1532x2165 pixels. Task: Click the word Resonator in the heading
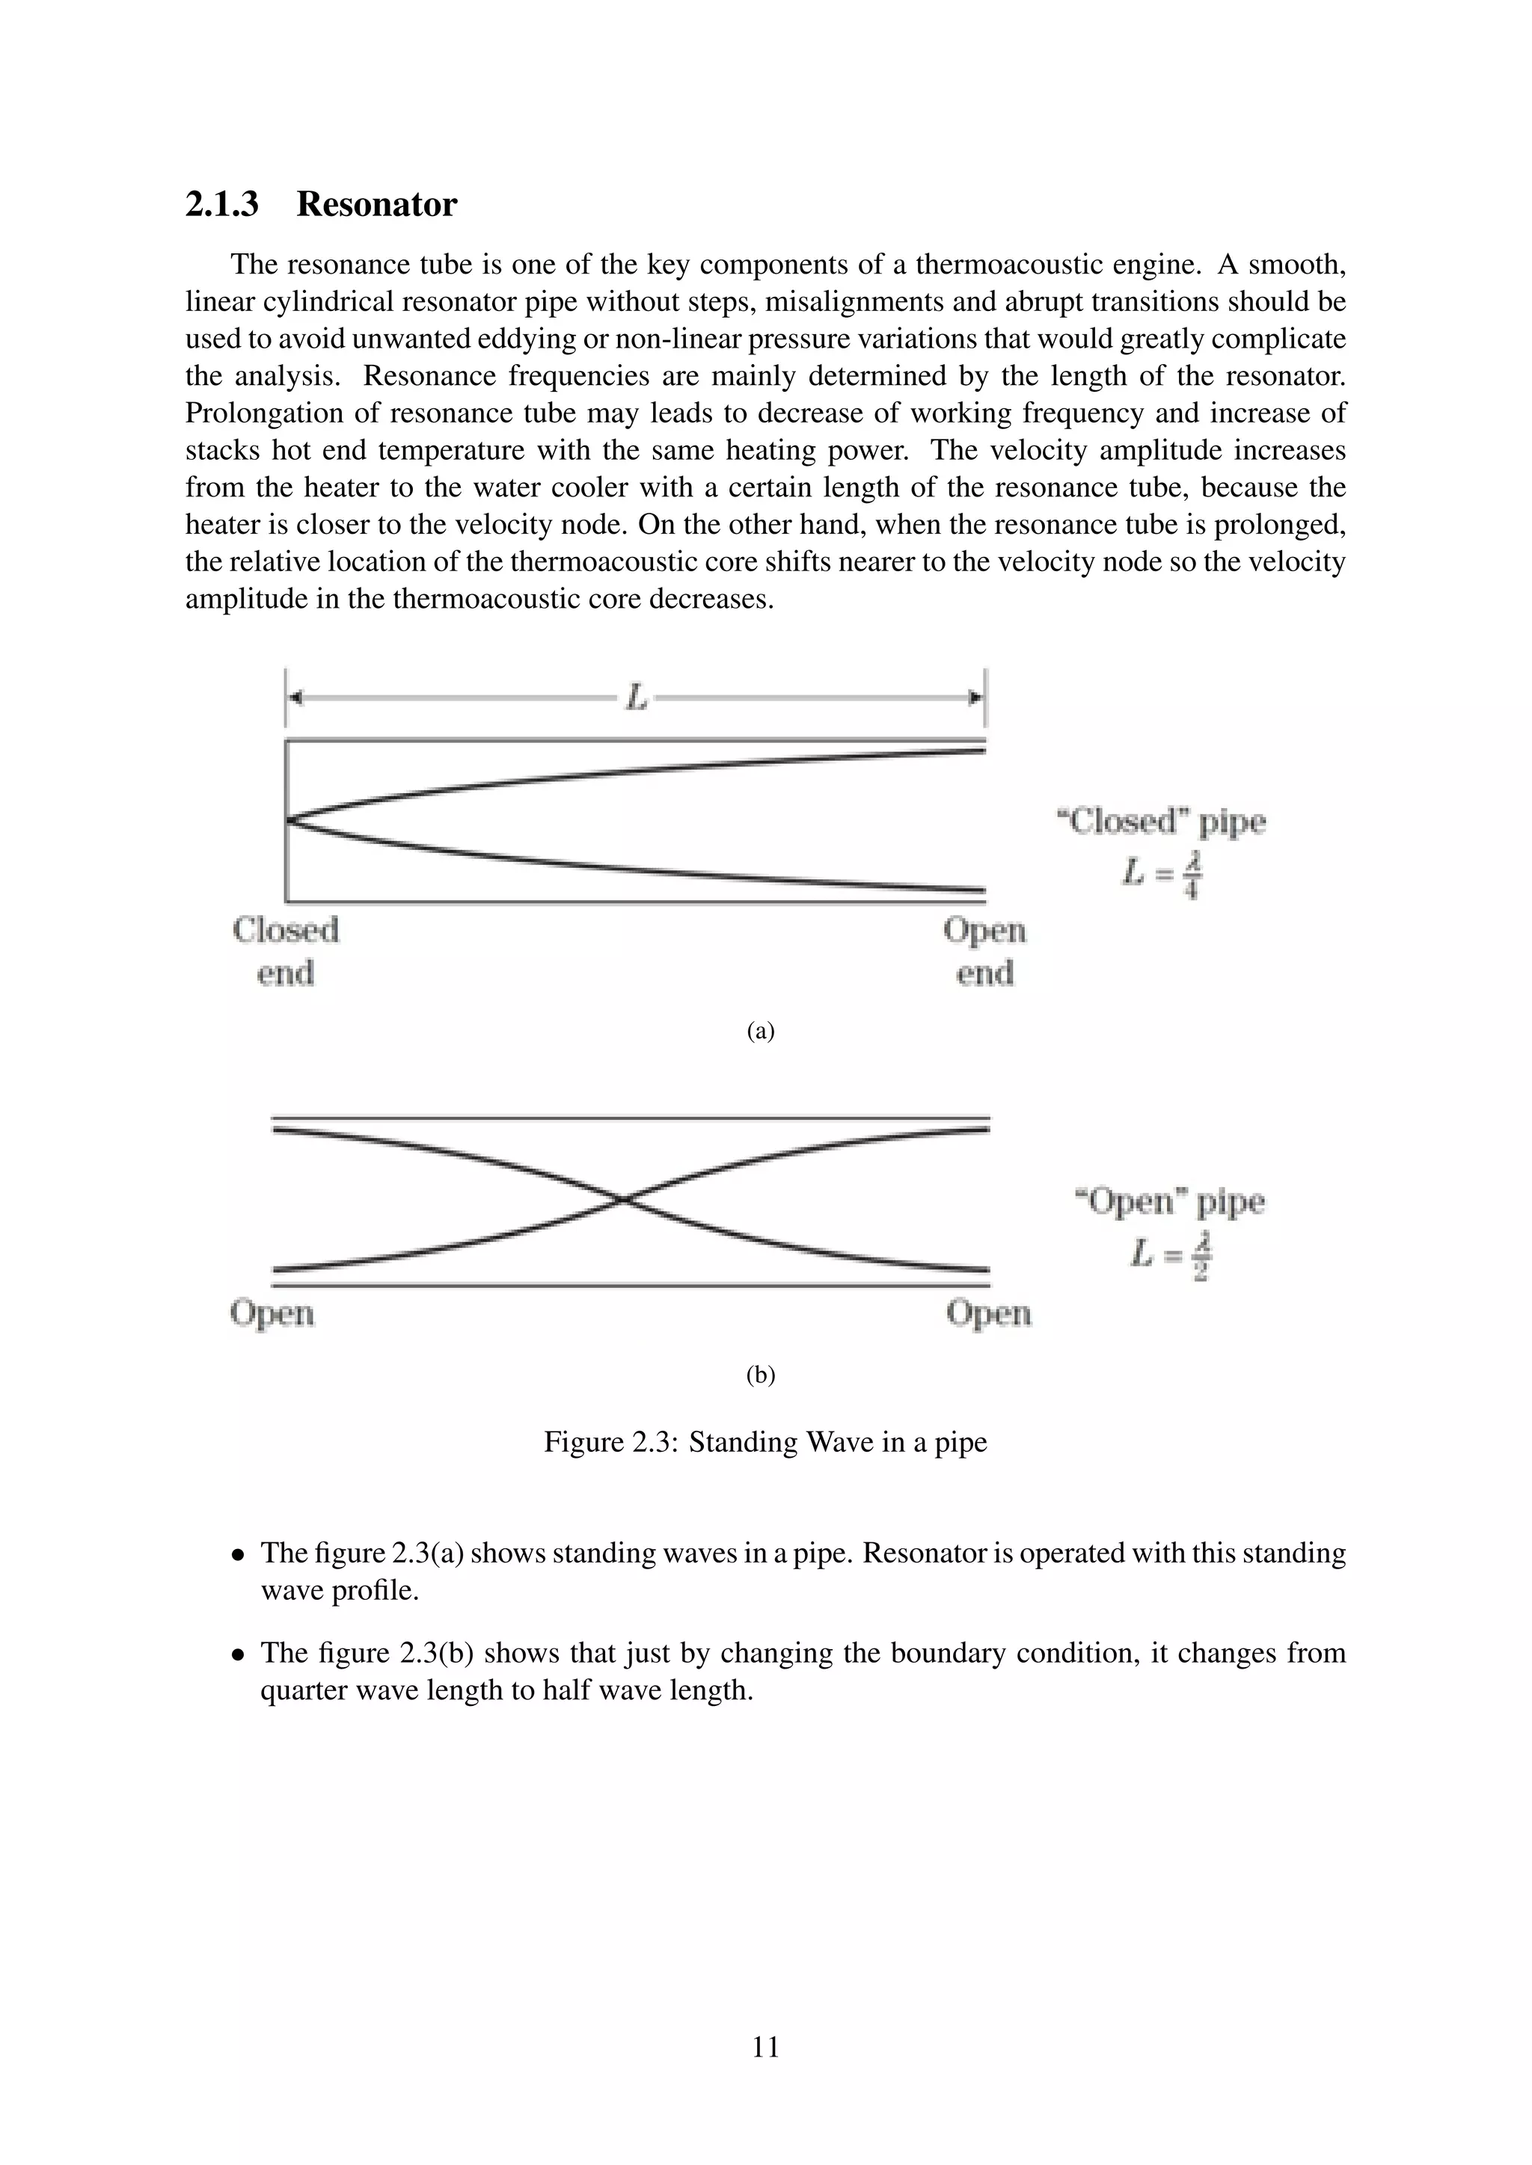[x=376, y=205]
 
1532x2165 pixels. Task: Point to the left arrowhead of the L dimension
[x=295, y=697]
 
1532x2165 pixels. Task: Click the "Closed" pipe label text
[x=1160, y=822]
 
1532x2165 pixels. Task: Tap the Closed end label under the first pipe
[x=285, y=950]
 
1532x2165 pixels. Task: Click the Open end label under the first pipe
[x=984, y=950]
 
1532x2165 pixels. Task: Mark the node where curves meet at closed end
[x=289, y=820]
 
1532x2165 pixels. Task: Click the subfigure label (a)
[x=760, y=1031]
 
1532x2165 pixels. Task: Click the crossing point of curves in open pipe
[x=624, y=1199]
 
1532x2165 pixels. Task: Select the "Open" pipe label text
[x=1170, y=1201]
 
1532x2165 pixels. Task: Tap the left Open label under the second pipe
[x=272, y=1313]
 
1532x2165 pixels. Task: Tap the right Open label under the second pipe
[x=989, y=1313]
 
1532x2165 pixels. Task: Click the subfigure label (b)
[x=760, y=1375]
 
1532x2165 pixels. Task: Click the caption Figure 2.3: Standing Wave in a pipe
[x=765, y=1442]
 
